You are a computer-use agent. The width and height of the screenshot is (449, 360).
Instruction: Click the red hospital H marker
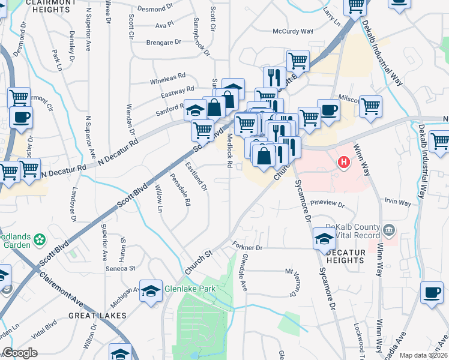(344, 162)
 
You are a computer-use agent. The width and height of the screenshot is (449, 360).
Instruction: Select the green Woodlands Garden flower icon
(40, 240)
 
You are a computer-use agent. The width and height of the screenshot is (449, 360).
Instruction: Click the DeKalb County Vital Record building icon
(388, 229)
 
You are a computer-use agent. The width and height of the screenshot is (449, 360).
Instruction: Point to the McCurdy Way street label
(293, 31)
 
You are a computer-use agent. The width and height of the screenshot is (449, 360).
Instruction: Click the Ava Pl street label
(164, 26)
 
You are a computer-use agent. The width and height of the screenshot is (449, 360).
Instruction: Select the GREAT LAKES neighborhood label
(97, 315)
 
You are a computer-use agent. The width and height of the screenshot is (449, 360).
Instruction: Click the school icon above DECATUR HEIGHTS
(323, 238)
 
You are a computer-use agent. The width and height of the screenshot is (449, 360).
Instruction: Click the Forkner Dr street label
(247, 247)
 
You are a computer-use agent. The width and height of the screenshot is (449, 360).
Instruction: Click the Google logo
(20, 353)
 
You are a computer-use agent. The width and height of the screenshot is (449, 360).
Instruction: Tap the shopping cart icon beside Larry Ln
(355, 5)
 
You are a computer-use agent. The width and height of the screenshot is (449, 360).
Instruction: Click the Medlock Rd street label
(229, 149)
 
